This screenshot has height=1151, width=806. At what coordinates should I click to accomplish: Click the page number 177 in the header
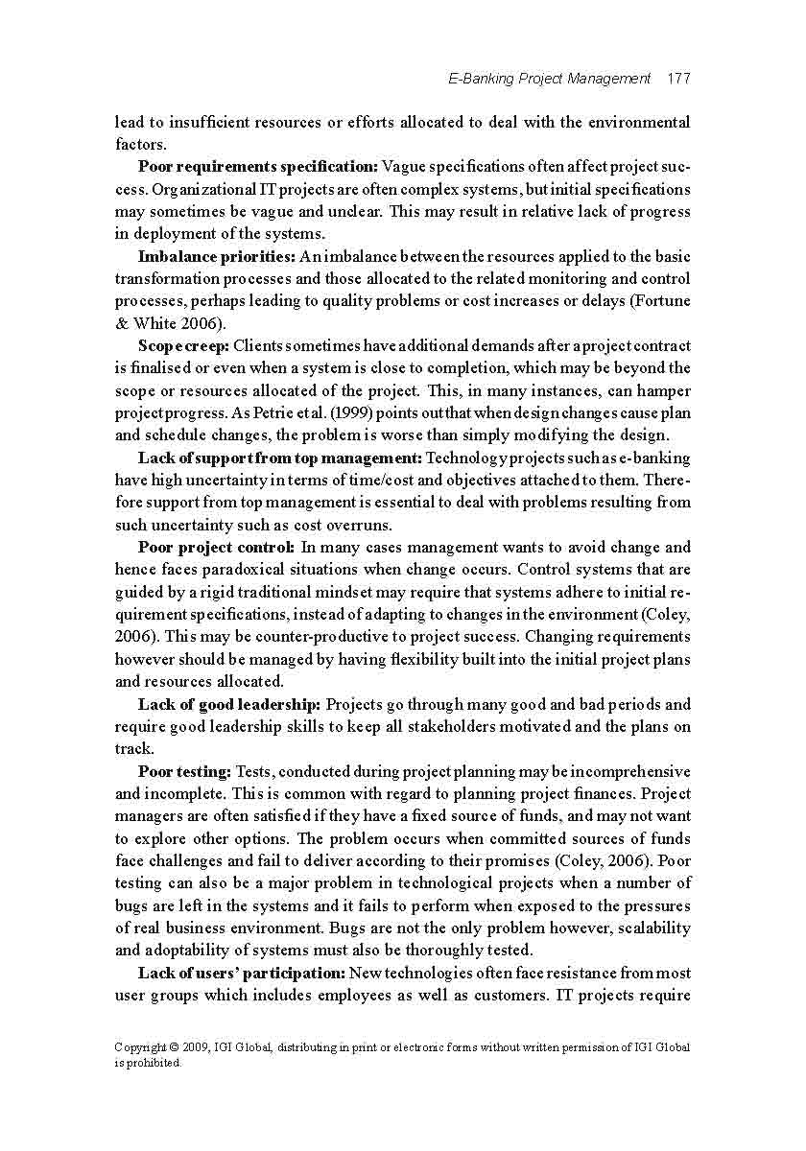[678, 79]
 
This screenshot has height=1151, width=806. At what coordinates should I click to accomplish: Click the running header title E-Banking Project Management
[549, 79]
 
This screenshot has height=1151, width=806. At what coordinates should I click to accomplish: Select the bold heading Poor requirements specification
[258, 167]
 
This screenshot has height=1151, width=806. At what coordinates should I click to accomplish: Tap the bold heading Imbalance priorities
[217, 256]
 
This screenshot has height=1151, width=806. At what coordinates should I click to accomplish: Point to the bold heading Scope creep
[183, 345]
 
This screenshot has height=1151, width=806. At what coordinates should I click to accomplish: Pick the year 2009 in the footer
[203, 1047]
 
